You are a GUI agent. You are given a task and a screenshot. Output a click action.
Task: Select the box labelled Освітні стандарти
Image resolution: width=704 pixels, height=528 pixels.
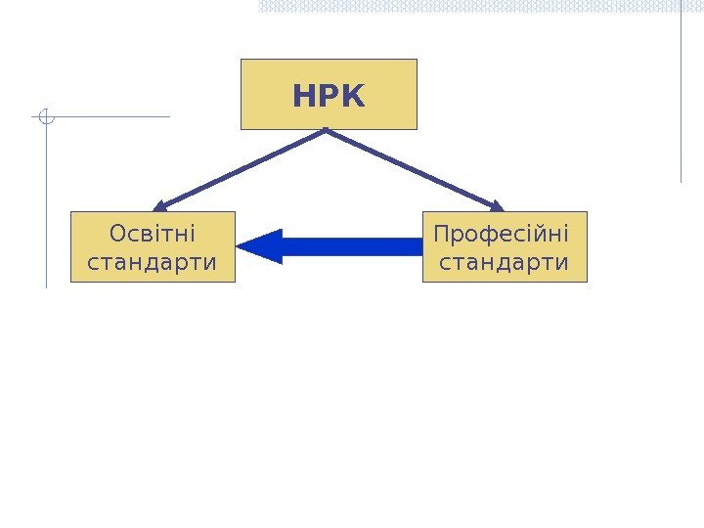pyautogui.click(x=153, y=246)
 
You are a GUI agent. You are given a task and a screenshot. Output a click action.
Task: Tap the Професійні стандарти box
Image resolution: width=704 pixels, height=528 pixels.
pyautogui.click(x=505, y=246)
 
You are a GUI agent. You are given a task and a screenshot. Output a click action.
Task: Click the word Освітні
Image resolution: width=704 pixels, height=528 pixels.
pyautogui.click(x=153, y=235)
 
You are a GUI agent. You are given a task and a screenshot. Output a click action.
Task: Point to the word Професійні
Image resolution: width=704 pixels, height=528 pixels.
pyautogui.click(x=501, y=235)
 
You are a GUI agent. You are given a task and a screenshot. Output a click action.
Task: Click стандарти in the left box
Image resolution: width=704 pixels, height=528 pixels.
pyautogui.click(x=153, y=262)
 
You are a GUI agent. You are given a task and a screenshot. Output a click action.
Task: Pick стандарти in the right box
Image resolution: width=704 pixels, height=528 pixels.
pyautogui.click(x=506, y=262)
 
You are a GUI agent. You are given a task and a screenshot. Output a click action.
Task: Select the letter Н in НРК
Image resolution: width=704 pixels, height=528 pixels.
pyautogui.click(x=302, y=97)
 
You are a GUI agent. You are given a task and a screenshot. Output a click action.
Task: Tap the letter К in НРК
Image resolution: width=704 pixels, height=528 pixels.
pyautogui.click(x=353, y=97)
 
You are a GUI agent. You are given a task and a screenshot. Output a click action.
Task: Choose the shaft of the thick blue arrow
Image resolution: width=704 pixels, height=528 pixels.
pyautogui.click(x=352, y=246)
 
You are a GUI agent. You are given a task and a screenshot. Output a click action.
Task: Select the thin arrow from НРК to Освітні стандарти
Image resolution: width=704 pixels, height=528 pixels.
pyautogui.click(x=240, y=169)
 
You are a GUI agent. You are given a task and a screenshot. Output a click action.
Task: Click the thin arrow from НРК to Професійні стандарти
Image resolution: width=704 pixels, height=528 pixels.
pyautogui.click(x=416, y=169)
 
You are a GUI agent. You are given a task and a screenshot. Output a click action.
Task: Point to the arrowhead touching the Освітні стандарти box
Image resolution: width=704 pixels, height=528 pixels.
pyautogui.click(x=159, y=206)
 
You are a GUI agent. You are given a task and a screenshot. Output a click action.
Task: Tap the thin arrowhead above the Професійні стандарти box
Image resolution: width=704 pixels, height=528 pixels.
pyautogui.click(x=497, y=206)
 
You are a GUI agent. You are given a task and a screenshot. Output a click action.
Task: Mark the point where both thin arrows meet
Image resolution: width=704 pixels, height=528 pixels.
pyautogui.click(x=327, y=130)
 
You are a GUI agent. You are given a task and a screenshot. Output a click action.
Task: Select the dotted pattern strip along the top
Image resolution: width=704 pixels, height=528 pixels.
pyautogui.click(x=479, y=6)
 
